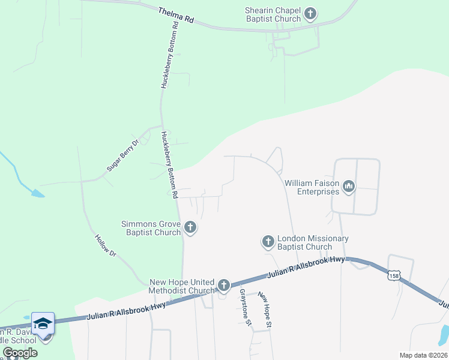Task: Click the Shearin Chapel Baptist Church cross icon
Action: (x=310, y=14)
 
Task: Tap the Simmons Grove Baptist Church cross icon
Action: (x=190, y=227)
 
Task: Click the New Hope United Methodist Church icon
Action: (x=224, y=285)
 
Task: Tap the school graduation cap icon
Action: (x=43, y=324)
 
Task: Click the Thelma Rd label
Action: (x=176, y=16)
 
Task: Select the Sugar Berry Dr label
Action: (x=122, y=155)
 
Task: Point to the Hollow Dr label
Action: (x=105, y=245)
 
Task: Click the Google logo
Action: (x=20, y=353)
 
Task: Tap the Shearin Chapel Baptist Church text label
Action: (x=273, y=14)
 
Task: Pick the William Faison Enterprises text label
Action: (x=312, y=188)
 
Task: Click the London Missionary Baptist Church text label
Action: (x=313, y=242)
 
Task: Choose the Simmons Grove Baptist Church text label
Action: (x=151, y=228)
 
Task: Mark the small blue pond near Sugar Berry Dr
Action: (x=37, y=193)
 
